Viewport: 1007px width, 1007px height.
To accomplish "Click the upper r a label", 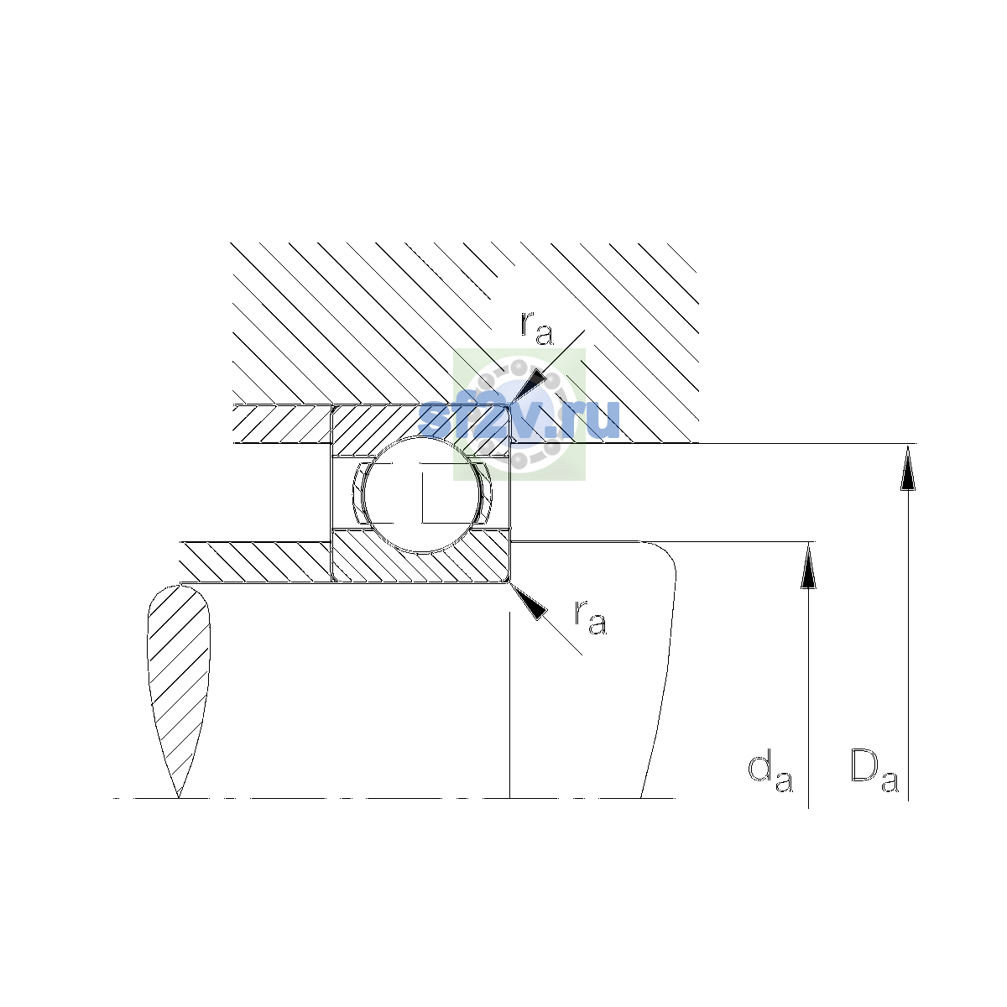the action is tap(537, 329).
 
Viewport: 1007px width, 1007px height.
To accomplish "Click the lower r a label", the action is tap(591, 617).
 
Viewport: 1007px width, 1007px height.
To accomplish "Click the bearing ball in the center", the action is tap(422, 494).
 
